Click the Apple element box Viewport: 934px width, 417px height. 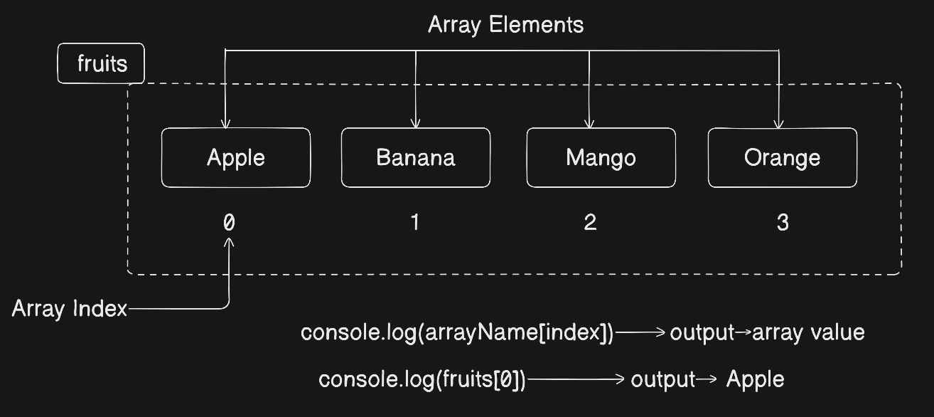point(236,158)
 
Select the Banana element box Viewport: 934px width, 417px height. point(416,158)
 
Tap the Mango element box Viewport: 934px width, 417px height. point(601,158)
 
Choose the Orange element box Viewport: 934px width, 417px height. point(783,158)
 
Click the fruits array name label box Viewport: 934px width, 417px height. point(101,63)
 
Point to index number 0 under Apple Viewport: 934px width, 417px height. point(229,223)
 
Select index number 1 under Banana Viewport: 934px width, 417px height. point(415,222)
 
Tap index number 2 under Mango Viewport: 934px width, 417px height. point(590,222)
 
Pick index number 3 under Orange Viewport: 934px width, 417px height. point(783,223)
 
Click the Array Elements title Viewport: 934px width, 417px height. point(506,25)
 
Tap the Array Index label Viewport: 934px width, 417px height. point(69,310)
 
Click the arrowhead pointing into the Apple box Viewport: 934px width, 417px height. point(225,124)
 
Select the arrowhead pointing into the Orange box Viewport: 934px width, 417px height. point(778,124)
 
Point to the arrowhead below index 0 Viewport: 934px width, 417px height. point(229,242)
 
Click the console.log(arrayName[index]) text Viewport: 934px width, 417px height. point(457,333)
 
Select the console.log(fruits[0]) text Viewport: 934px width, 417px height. point(422,380)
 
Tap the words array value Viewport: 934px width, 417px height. point(808,333)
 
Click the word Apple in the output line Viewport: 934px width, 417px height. point(755,380)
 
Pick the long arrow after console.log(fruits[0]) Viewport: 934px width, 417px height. point(576,379)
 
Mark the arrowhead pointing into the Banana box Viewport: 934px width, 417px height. point(415,124)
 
